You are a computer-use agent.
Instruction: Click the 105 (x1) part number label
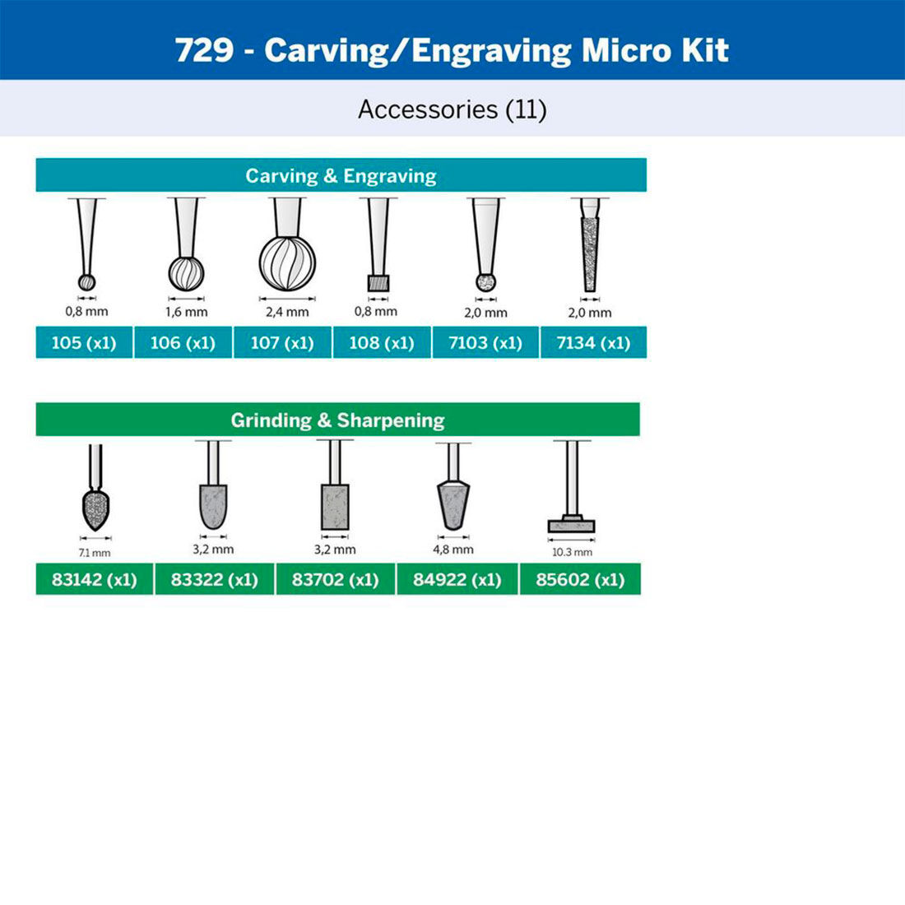[x=84, y=342]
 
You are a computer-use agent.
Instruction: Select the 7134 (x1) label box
[x=593, y=342]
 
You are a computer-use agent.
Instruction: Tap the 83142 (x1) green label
[x=94, y=579]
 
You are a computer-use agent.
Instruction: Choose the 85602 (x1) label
[x=580, y=579]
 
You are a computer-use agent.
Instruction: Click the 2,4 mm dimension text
[x=287, y=312]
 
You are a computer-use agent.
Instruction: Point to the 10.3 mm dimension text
[x=572, y=552]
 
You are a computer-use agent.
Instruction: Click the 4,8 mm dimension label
[x=453, y=549]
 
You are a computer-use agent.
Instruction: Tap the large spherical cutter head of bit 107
[x=287, y=263]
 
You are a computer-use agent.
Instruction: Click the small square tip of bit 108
[x=378, y=283]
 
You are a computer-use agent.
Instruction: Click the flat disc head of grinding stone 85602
[x=571, y=526]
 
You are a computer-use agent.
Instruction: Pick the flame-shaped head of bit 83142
[x=96, y=510]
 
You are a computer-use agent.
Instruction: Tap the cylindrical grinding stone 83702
[x=335, y=507]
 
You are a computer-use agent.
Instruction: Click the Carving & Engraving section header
[x=341, y=175]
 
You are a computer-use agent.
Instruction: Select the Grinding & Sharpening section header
[x=337, y=420]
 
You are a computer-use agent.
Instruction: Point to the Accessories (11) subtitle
[x=452, y=109]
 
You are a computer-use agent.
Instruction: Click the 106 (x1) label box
[x=183, y=342]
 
